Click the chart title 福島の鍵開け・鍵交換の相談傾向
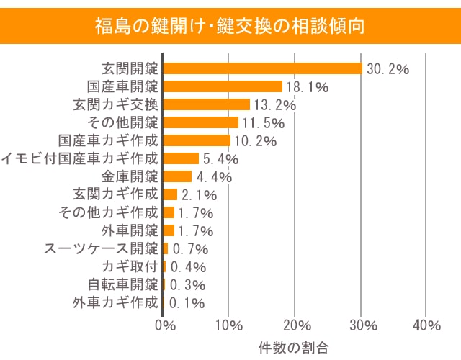[x=230, y=27]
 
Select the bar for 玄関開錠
[x=262, y=68]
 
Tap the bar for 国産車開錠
[x=223, y=86]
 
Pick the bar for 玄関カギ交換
[x=206, y=104]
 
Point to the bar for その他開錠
[x=200, y=122]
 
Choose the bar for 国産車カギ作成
[x=197, y=140]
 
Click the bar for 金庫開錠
[x=177, y=176]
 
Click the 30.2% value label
[x=388, y=69]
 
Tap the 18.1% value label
[x=308, y=87]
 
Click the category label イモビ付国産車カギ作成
[x=80, y=158]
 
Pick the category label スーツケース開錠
[x=101, y=248]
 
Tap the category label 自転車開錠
[x=122, y=284]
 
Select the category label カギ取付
[x=130, y=266]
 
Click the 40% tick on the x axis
[x=426, y=325]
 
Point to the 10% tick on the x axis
[x=228, y=325]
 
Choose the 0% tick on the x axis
[x=165, y=325]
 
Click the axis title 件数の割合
[x=293, y=347]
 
